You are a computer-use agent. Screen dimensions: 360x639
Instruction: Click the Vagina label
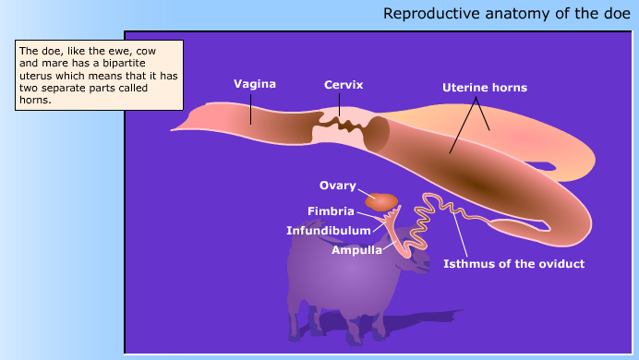pyautogui.click(x=254, y=84)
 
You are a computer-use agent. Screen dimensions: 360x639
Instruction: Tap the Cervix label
pyautogui.click(x=344, y=85)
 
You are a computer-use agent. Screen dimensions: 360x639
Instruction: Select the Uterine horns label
pyautogui.click(x=485, y=89)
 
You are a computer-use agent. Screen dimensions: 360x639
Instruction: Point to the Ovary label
pyautogui.click(x=338, y=185)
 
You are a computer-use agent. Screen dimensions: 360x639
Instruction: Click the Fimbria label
pyautogui.click(x=331, y=210)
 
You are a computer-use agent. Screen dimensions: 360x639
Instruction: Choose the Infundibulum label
pyautogui.click(x=329, y=230)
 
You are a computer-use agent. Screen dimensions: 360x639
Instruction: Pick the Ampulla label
pyautogui.click(x=356, y=249)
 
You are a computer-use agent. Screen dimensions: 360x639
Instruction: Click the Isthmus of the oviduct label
pyautogui.click(x=514, y=264)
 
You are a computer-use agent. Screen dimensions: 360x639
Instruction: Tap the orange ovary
pyautogui.click(x=381, y=201)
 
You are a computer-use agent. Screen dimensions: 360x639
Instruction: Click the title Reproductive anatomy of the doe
pyautogui.click(x=507, y=14)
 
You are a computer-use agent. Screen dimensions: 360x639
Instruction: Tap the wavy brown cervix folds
pyautogui.click(x=343, y=122)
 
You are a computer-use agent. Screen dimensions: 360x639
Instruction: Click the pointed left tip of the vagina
pyautogui.click(x=175, y=127)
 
